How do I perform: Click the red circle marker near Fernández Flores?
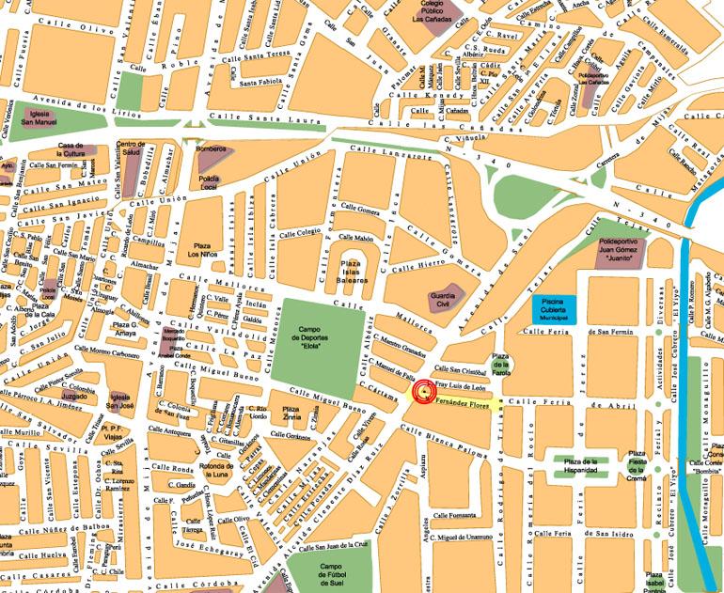[424, 392]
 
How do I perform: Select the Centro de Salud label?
[131, 149]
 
